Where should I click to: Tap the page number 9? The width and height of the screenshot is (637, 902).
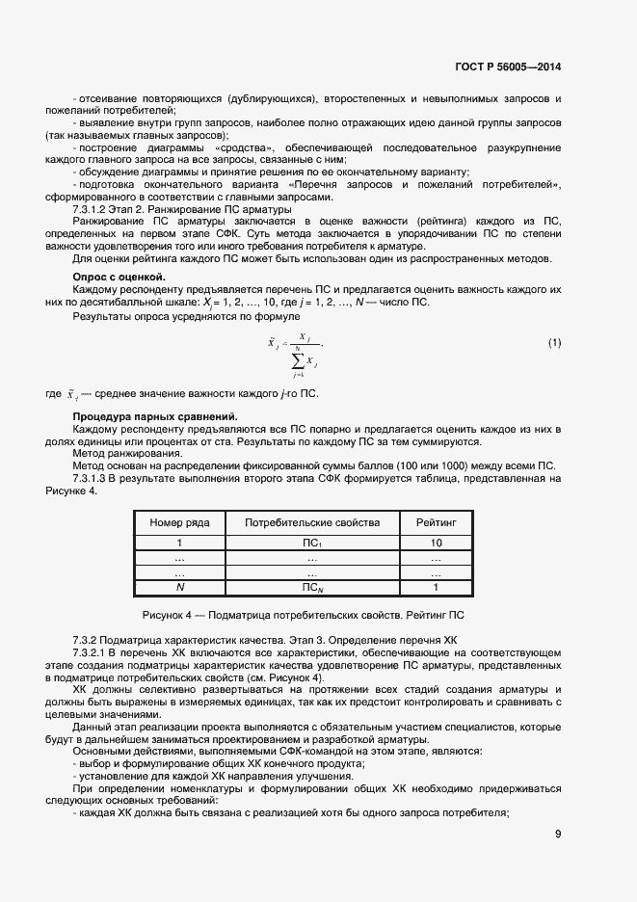tap(558, 835)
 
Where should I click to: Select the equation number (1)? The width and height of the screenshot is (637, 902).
tap(554, 343)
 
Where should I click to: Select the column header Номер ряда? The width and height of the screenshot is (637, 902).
tap(179, 522)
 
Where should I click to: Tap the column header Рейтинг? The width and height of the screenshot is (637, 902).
tap(436, 522)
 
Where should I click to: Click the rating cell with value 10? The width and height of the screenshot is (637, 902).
tap(436, 544)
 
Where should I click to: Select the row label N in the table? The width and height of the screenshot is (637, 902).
tap(179, 586)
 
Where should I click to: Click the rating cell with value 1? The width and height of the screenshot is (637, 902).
tap(436, 586)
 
